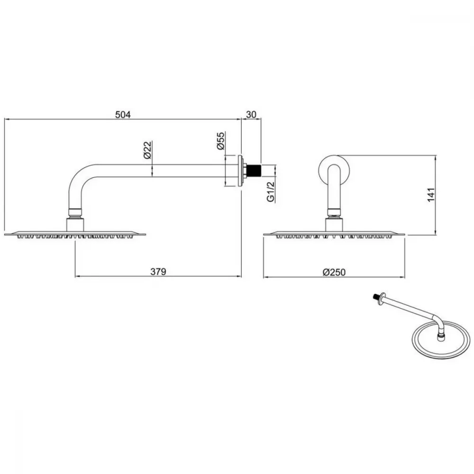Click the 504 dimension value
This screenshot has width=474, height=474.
point(123,115)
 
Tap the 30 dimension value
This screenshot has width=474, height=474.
point(251,115)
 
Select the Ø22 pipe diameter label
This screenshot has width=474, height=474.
point(147,150)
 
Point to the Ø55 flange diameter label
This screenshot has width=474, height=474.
point(221,141)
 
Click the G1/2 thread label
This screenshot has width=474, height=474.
point(271,191)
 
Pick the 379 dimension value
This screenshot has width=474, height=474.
point(158,272)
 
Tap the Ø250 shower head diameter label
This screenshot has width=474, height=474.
point(334,272)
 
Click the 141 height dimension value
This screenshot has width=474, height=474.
point(431,195)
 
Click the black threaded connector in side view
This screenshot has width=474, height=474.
point(254,171)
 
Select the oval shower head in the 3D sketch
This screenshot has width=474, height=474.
point(441,340)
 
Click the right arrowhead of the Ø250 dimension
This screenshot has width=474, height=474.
point(402,277)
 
